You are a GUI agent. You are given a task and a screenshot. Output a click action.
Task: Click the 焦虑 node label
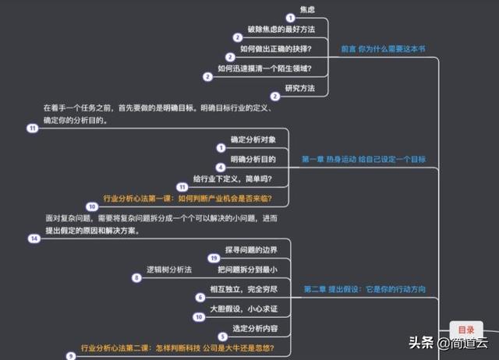[307, 10]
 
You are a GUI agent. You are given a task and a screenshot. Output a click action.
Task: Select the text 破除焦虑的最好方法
[281, 30]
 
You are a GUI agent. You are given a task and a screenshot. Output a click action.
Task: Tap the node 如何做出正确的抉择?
[275, 49]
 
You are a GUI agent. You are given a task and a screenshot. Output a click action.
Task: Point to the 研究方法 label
[299, 88]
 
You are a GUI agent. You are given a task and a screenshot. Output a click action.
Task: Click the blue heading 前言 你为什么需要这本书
[383, 49]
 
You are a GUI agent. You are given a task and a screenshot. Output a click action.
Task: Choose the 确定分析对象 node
[253, 139]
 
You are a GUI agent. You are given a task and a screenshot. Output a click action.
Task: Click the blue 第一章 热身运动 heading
[363, 159]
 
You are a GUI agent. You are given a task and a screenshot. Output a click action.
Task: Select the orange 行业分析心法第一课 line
[187, 199]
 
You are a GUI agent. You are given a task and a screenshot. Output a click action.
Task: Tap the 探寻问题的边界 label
[251, 250]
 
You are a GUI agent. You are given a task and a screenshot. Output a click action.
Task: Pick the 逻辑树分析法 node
[169, 270]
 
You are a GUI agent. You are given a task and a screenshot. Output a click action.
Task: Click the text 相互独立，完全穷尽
[243, 289]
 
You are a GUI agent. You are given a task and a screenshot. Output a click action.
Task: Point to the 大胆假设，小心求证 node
[243, 309]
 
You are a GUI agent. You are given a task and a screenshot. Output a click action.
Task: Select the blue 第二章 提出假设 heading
[364, 289]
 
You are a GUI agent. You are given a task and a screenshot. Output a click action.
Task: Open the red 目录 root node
[466, 330]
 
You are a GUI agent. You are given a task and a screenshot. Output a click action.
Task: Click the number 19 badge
[214, 258]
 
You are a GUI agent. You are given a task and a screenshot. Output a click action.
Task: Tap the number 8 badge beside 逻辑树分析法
[136, 277]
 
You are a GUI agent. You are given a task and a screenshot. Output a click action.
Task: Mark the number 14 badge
[34, 238]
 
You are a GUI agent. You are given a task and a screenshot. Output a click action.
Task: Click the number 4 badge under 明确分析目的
[221, 168]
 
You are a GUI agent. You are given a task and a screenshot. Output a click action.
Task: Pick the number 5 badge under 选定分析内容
[223, 337]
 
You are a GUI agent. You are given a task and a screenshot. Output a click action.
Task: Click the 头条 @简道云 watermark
[448, 343]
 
